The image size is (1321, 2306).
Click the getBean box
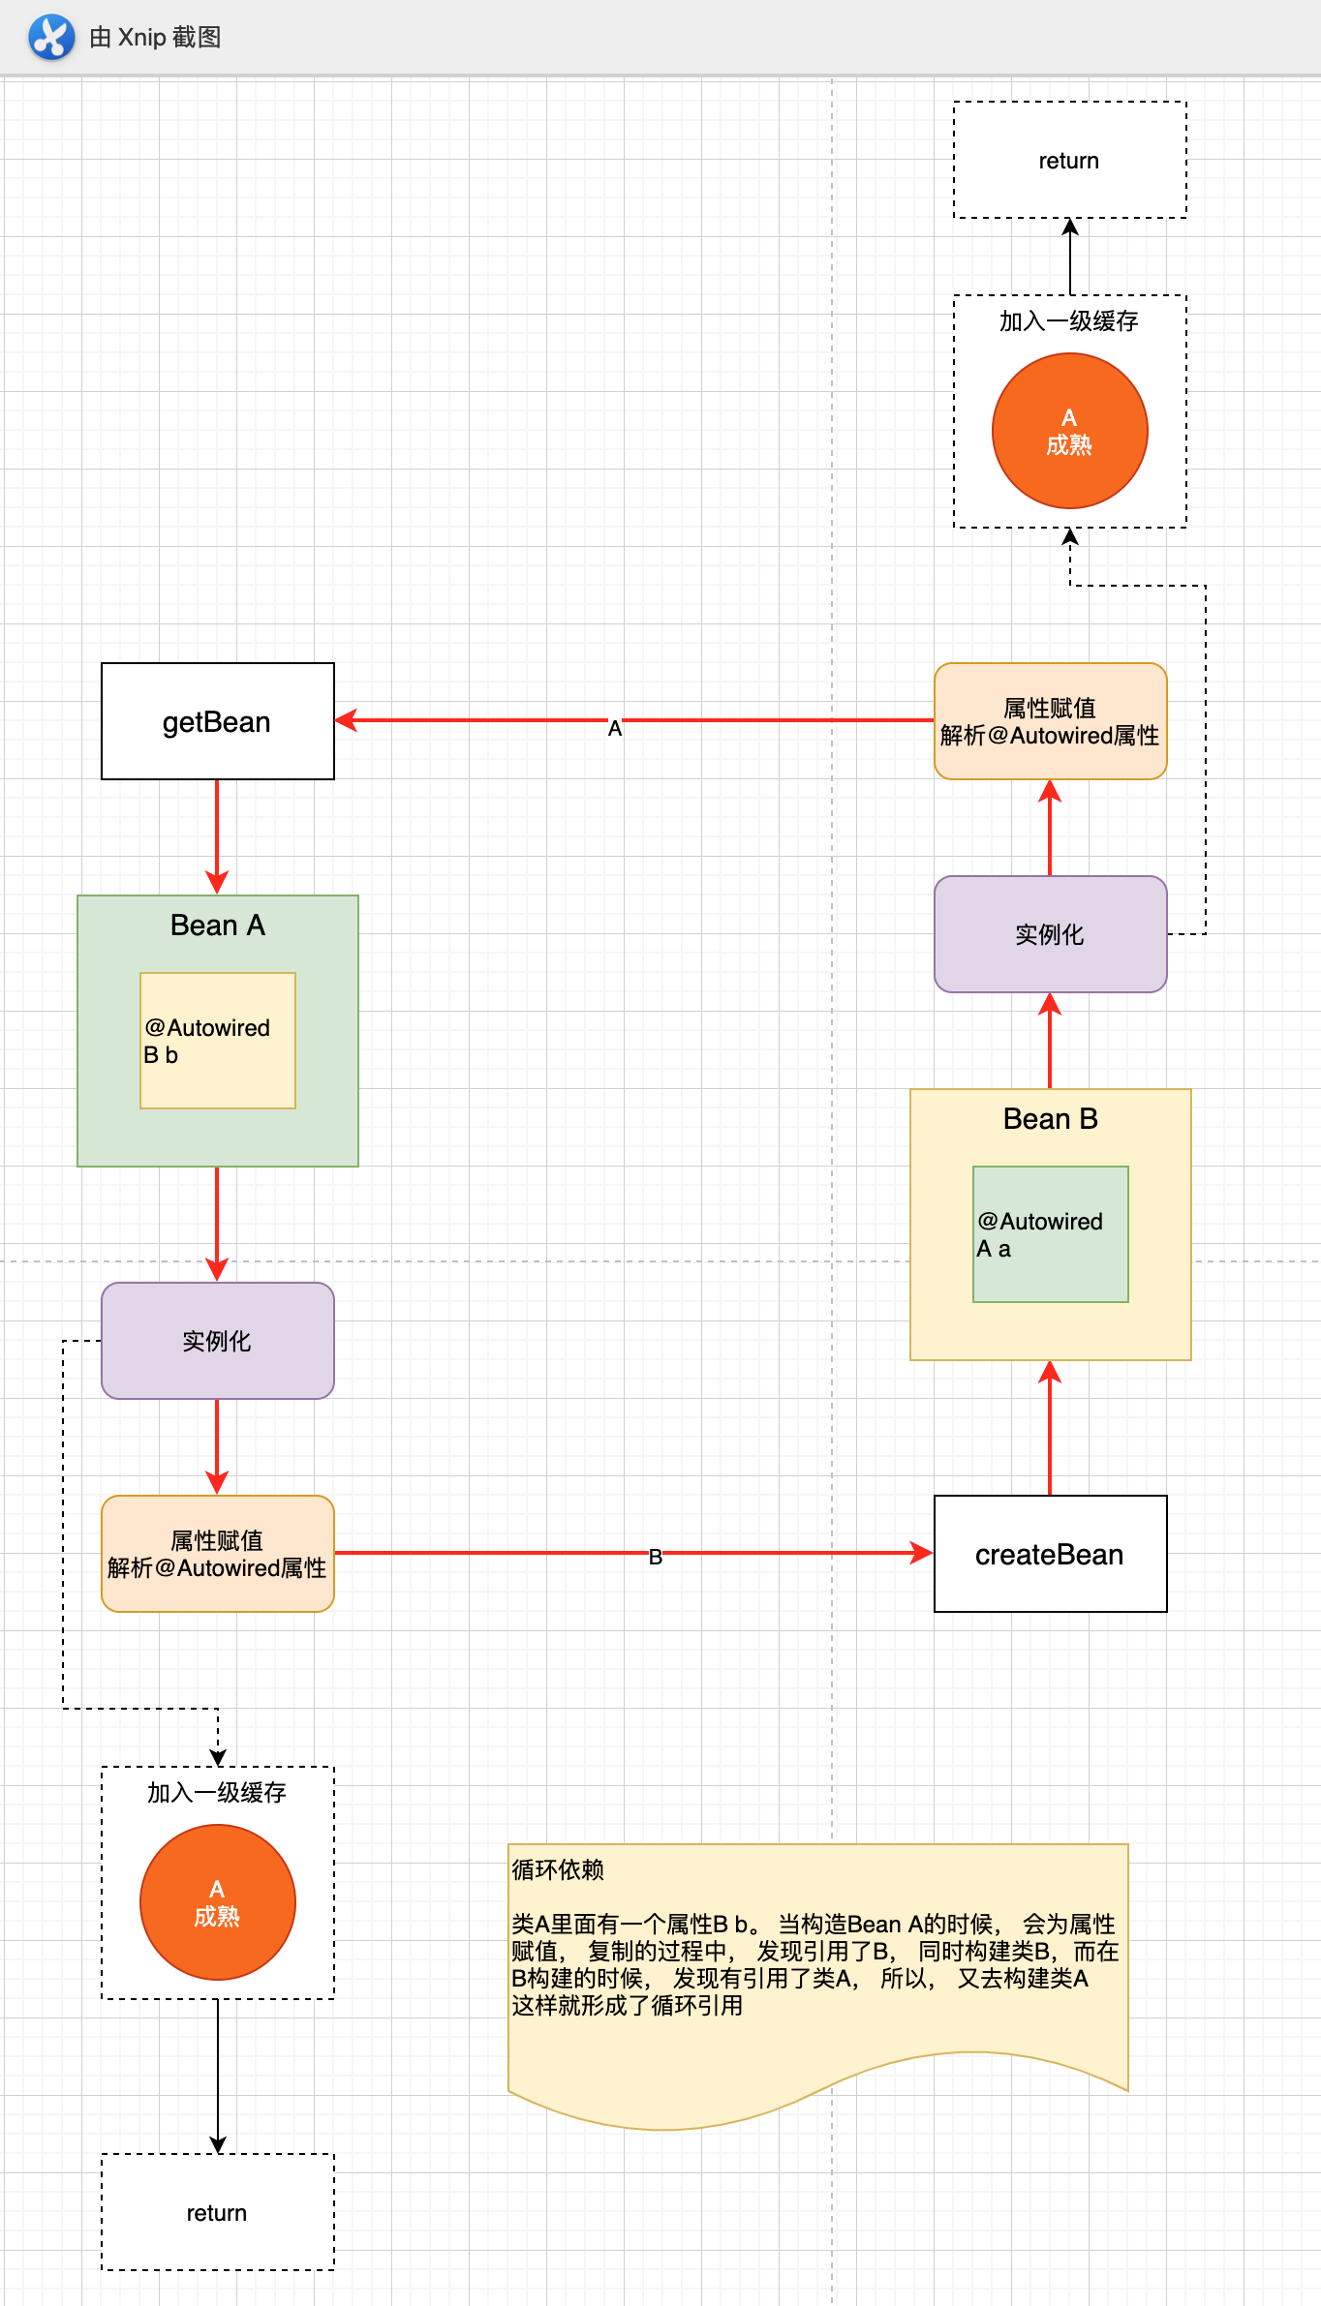[x=217, y=721]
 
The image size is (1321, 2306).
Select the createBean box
[x=1050, y=1554]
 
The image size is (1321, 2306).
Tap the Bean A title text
[x=217, y=925]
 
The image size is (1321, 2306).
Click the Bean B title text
[x=1050, y=1119]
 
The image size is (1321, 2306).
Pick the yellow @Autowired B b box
[x=217, y=1041]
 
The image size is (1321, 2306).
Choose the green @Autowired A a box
[x=1050, y=1234]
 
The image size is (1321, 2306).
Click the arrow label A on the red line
[x=615, y=728]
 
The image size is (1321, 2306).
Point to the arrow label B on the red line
[x=656, y=1557]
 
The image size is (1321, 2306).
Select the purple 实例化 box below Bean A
[x=217, y=1341]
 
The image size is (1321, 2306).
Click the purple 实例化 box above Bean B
[x=1050, y=934]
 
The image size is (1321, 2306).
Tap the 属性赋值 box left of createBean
[x=217, y=1554]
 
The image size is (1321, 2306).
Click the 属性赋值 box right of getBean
[x=1050, y=721]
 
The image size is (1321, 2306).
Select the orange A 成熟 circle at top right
[x=1069, y=431]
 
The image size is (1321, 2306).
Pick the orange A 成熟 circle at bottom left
[x=217, y=1902]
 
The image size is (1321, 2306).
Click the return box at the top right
[x=1069, y=161]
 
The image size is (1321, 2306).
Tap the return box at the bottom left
[x=217, y=2212]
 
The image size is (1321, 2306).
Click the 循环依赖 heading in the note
[x=558, y=1869]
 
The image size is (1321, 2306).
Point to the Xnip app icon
[x=51, y=37]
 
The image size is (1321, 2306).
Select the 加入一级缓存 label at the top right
[x=1069, y=321]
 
